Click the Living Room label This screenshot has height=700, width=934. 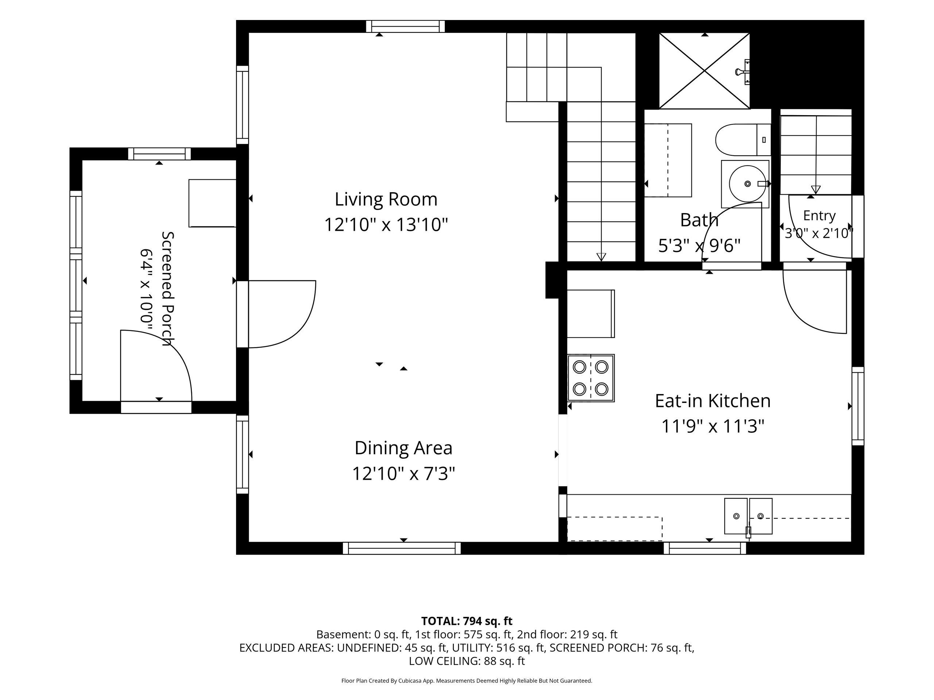click(x=386, y=199)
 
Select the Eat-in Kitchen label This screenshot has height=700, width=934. click(x=713, y=401)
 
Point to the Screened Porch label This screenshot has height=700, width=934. click(x=168, y=289)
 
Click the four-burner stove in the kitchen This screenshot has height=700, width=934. click(x=591, y=378)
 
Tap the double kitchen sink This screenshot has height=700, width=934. click(x=748, y=516)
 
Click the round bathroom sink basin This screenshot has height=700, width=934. click(x=747, y=184)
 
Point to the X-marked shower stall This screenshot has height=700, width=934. click(x=704, y=71)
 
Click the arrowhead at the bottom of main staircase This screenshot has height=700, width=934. click(x=601, y=257)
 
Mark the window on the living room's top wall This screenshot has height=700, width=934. click(x=405, y=27)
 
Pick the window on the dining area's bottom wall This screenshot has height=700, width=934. click(x=402, y=548)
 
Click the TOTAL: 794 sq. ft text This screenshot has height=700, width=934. click(x=467, y=621)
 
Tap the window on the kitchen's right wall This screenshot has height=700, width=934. click(x=858, y=406)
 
